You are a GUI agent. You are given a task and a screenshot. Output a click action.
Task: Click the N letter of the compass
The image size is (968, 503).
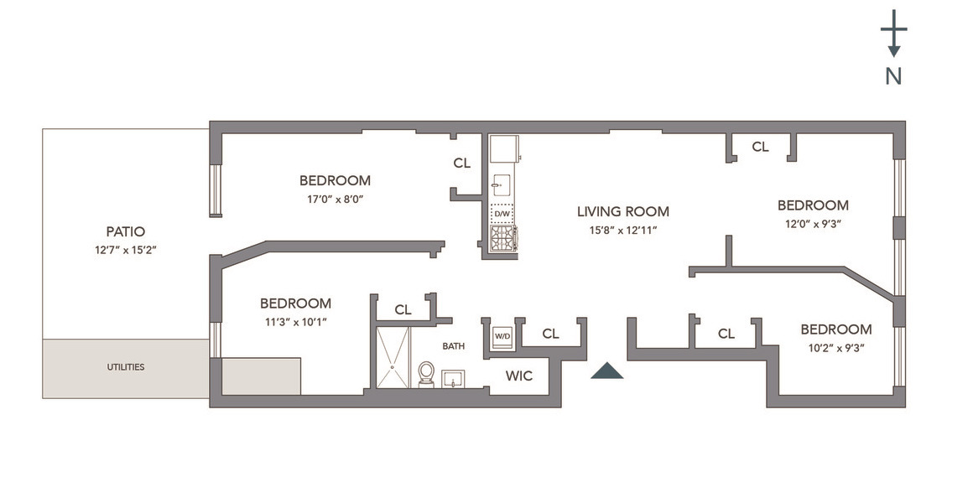pos(893,76)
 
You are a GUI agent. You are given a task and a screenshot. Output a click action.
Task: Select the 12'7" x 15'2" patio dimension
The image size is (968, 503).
pos(125,250)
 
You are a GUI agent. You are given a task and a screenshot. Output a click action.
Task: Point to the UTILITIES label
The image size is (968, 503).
pos(125,367)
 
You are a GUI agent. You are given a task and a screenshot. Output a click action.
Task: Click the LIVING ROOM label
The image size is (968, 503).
pos(622,211)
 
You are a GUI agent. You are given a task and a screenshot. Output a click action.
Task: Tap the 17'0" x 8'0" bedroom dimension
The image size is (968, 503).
pos(335,199)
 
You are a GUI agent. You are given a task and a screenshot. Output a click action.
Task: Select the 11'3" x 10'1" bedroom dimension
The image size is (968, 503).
pos(294,322)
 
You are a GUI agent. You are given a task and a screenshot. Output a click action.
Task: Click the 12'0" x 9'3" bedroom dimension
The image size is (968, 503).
pos(812,224)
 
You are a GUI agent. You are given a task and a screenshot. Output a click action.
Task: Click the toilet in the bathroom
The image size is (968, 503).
pos(426,373)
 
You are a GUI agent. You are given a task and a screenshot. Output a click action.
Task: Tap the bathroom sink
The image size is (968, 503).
pos(453,378)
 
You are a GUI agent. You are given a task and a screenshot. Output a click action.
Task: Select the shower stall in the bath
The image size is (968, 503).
pos(393,358)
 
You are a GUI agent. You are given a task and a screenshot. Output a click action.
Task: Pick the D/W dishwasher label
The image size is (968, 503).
pos(502,214)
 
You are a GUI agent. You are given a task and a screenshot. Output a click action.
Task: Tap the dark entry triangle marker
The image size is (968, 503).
pos(606,371)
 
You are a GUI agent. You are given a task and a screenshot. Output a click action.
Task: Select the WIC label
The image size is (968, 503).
pos(519,376)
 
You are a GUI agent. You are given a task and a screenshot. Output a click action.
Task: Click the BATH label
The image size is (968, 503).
pos(454,345)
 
